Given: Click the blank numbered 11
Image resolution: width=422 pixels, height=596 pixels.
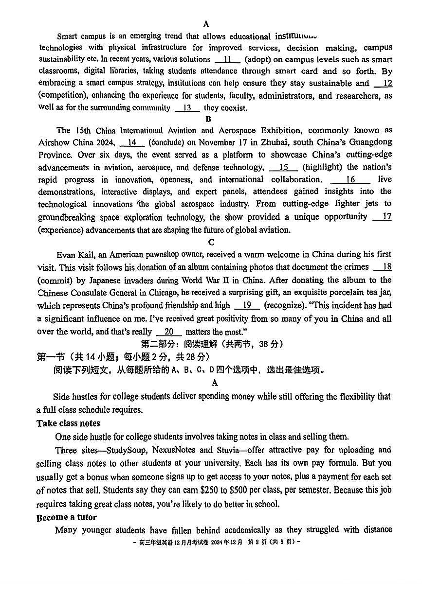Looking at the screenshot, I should (227, 59).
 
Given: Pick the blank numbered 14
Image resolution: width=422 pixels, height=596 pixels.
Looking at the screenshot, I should (131, 142).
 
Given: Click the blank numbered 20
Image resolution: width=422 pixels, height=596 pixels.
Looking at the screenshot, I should (169, 332).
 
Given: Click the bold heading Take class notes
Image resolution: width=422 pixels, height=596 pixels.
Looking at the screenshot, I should (68, 423).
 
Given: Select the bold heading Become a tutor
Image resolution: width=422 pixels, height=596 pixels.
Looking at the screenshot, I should (67, 517).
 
